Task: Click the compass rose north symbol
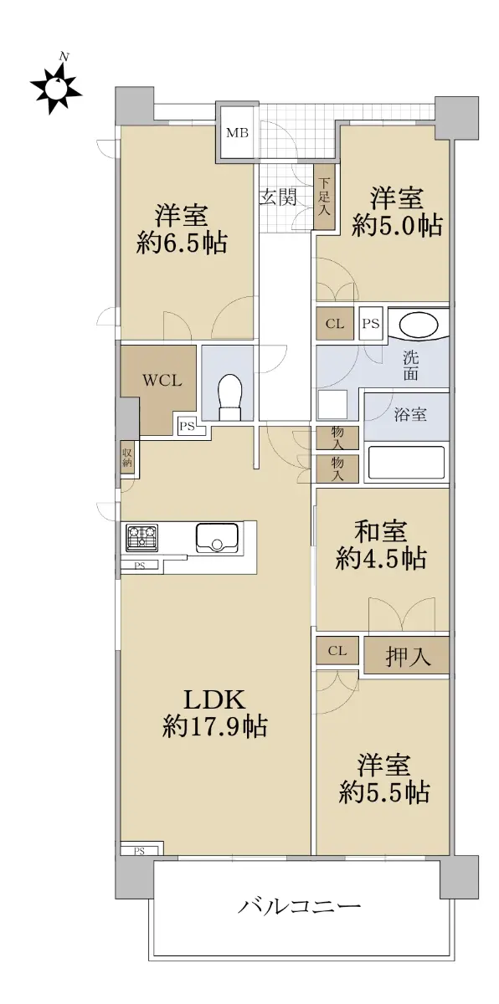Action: point(55,85)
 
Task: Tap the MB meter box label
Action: point(237,133)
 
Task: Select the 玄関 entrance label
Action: point(278,197)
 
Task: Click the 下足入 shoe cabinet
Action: point(324,197)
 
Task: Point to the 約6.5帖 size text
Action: point(182,243)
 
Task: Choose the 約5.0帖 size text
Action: point(397,226)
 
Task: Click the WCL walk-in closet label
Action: point(162,381)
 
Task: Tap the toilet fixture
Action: point(229,397)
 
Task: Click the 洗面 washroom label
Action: point(411,366)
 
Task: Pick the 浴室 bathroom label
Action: point(410,415)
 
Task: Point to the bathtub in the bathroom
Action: point(406,463)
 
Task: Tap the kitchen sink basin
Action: point(216,538)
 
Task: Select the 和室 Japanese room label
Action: point(381,532)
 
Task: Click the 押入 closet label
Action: point(408,657)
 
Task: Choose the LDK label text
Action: point(214,699)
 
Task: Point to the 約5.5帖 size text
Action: point(384,793)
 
